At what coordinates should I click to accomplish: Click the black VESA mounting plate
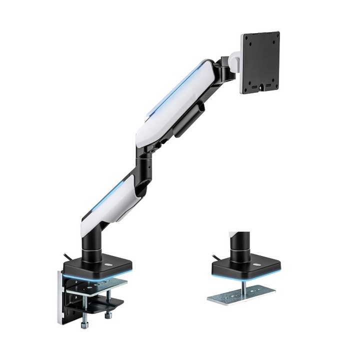point(260,62)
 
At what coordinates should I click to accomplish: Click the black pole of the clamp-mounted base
point(92,243)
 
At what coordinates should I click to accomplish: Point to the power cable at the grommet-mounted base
point(215,256)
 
